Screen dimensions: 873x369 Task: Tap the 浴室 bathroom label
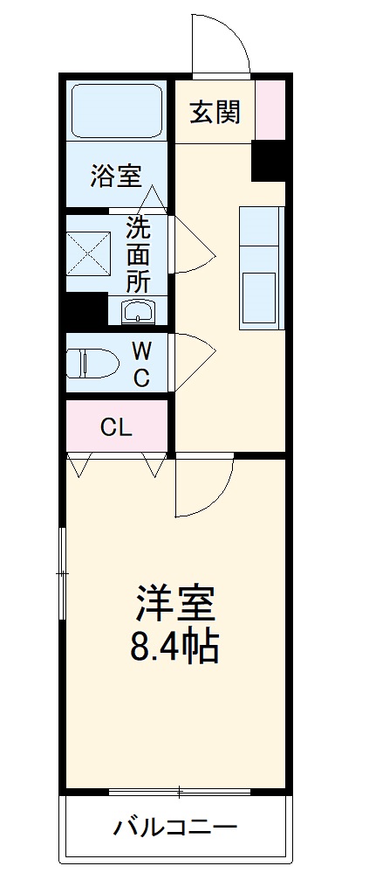pyautogui.click(x=117, y=177)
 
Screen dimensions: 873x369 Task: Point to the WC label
pyautogui.click(x=141, y=364)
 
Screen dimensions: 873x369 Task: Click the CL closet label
pyautogui.click(x=116, y=427)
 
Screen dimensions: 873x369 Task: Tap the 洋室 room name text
pyautogui.click(x=174, y=604)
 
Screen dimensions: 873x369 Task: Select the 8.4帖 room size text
pyautogui.click(x=174, y=648)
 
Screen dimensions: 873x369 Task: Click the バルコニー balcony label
pyautogui.click(x=174, y=827)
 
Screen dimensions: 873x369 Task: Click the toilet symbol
pyautogui.click(x=92, y=363)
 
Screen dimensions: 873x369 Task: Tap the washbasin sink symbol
pyautogui.click(x=138, y=311)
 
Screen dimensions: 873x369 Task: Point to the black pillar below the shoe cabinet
pyautogui.click(x=268, y=160)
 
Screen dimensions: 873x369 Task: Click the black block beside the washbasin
pyautogui.click(x=85, y=310)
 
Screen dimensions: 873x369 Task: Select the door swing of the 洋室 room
pyautogui.click(x=202, y=485)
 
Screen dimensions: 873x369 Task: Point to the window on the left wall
pyautogui.click(x=62, y=573)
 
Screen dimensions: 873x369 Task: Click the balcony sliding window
pyautogui.click(x=180, y=792)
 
